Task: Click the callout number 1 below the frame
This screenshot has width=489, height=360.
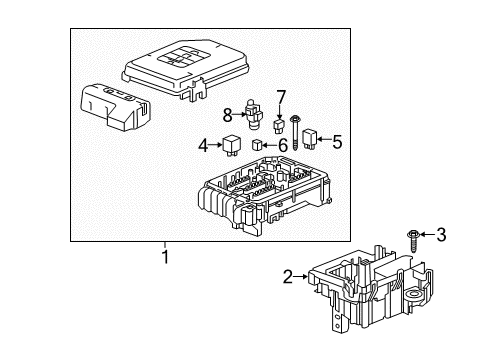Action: (x=166, y=256)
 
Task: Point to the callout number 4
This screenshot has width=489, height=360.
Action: (x=204, y=146)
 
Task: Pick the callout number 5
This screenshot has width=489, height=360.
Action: (x=337, y=142)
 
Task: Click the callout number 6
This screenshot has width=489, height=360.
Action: (x=281, y=146)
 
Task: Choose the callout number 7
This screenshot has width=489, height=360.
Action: (x=281, y=97)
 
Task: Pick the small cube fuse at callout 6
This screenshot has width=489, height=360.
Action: (x=259, y=145)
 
